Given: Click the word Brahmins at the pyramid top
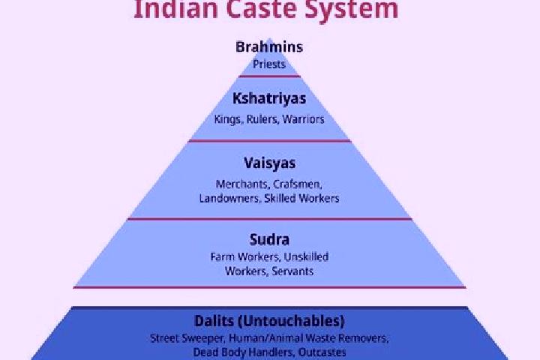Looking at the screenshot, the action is (269, 46).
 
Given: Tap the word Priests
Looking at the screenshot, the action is (269, 64).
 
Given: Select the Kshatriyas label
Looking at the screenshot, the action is (269, 98).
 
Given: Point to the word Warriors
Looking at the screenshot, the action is (304, 119).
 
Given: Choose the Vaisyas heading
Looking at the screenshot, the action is (270, 163).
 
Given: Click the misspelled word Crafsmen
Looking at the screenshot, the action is (298, 184).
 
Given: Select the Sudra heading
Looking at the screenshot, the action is (269, 239).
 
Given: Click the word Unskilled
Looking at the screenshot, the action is (306, 257).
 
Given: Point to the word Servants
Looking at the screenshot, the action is (292, 271).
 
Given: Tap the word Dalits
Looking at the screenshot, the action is (214, 321).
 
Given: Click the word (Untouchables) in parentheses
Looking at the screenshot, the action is (291, 321).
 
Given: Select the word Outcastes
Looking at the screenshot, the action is (322, 352).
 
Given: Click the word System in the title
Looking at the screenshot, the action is (352, 10).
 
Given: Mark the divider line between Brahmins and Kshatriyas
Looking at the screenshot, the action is (269, 76).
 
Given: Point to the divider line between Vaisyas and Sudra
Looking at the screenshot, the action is (269, 219).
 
